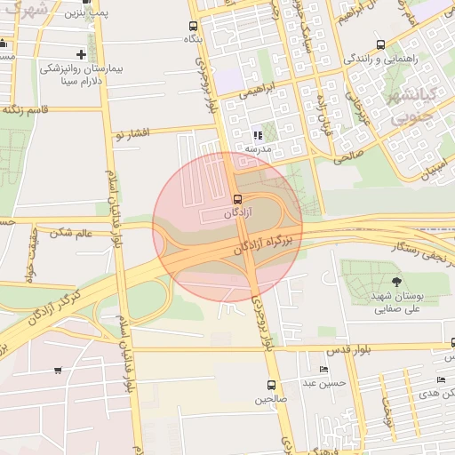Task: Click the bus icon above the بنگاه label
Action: (x=194, y=26)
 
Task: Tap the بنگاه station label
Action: (x=194, y=39)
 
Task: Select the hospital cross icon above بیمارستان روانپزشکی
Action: (x=82, y=54)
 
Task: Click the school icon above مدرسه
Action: (x=258, y=136)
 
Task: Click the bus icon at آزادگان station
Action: (x=236, y=200)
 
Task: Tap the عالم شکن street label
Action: (x=72, y=234)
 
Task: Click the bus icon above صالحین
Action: (x=271, y=386)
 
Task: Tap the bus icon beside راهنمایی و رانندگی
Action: (x=380, y=44)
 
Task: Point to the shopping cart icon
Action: (x=58, y=371)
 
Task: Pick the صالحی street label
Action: (x=347, y=156)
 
